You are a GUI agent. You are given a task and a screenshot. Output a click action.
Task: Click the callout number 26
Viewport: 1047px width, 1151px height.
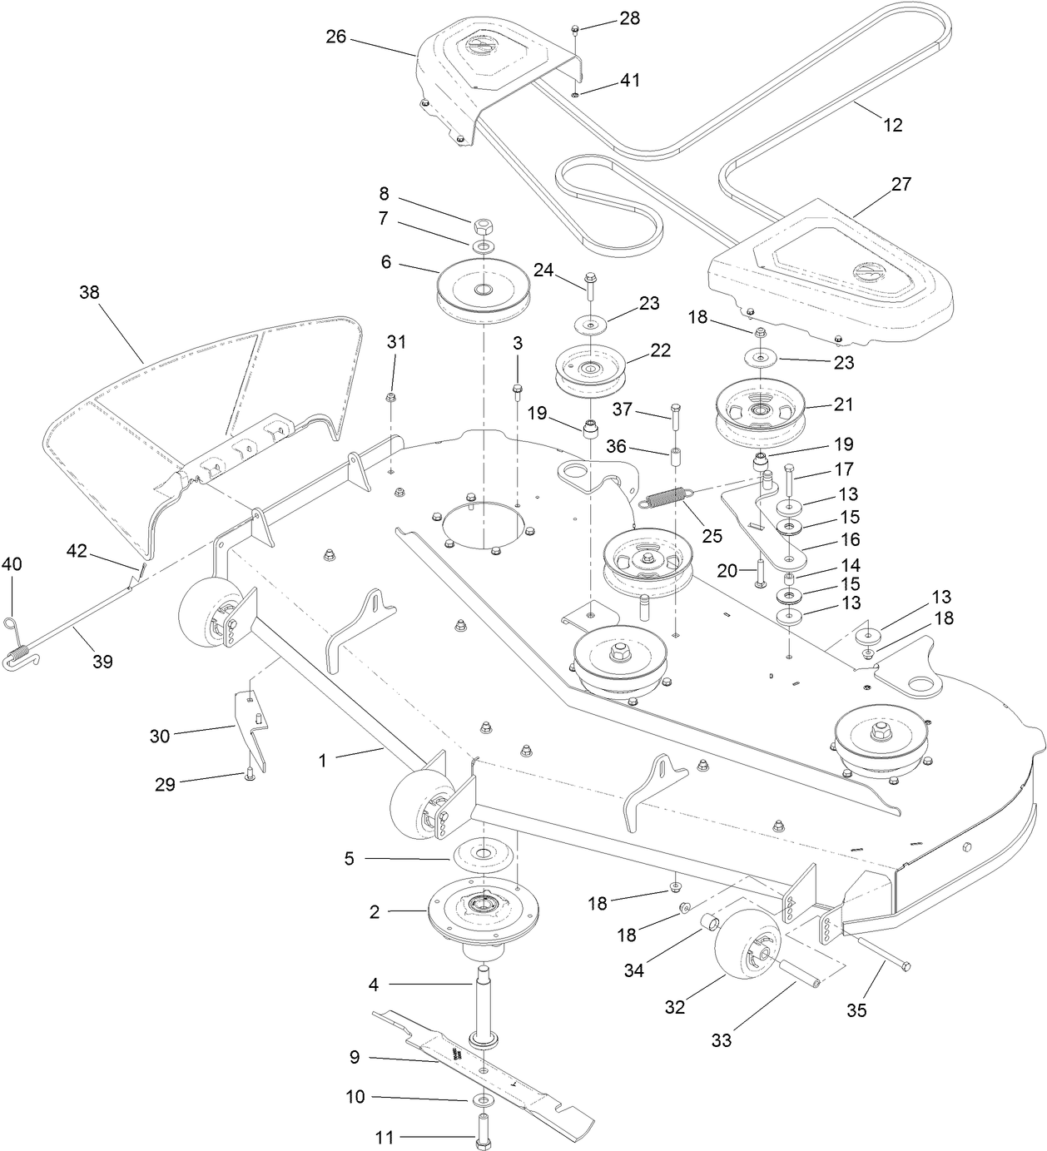[336, 37]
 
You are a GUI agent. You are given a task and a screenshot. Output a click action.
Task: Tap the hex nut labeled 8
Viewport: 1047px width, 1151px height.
[483, 226]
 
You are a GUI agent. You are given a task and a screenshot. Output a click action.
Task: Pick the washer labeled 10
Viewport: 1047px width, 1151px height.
[483, 1100]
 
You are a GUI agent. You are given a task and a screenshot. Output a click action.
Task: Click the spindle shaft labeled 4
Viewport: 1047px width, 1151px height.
[484, 999]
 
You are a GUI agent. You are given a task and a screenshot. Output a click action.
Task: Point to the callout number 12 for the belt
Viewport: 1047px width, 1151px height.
[891, 125]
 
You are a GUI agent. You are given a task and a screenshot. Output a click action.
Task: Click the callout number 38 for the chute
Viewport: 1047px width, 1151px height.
[89, 292]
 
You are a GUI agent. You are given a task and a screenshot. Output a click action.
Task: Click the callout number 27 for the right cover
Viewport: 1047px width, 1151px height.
[901, 184]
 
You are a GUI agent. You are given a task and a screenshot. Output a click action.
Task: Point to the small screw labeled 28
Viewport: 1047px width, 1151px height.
[575, 30]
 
